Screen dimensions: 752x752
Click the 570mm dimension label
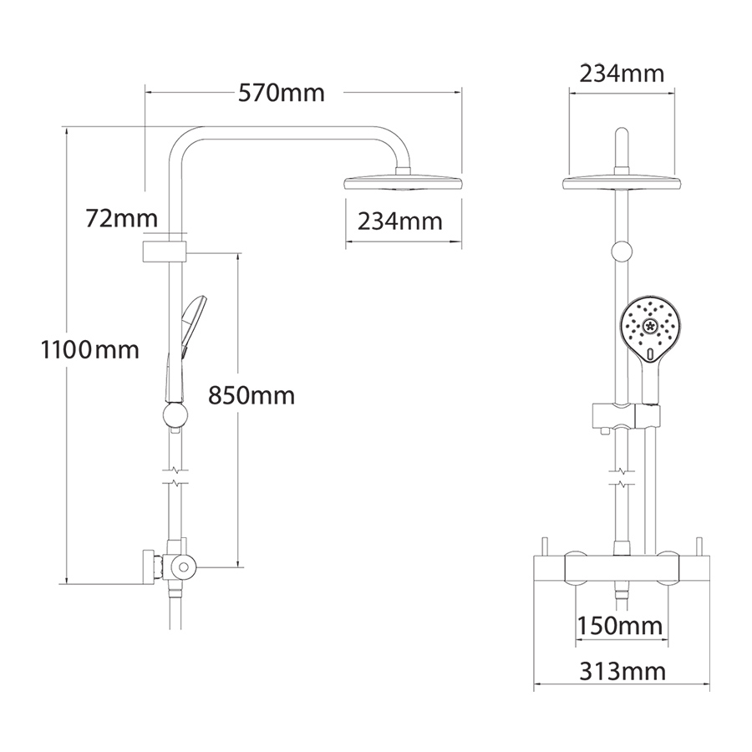click(x=282, y=93)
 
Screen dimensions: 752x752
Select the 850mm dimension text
click(x=252, y=396)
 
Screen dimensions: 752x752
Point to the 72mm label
click(x=121, y=218)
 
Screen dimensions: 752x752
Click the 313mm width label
click(x=622, y=672)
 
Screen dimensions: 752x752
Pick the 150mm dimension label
click(x=620, y=626)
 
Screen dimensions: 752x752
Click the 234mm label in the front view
click(x=622, y=74)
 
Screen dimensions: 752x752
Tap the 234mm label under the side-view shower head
click(x=400, y=221)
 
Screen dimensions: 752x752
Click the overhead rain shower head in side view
click(x=404, y=182)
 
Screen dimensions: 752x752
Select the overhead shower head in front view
click(x=622, y=182)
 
